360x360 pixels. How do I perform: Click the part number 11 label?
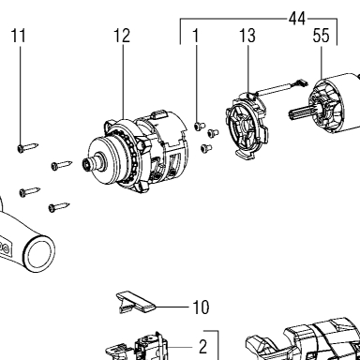[x=19, y=36]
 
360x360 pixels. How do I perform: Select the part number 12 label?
[x=122, y=36]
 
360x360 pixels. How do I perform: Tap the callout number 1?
[x=196, y=36]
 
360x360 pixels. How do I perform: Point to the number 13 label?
[x=247, y=36]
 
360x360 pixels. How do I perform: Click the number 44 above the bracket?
[x=297, y=19]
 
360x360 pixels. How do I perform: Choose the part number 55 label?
[x=322, y=36]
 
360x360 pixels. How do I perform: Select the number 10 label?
[x=201, y=307]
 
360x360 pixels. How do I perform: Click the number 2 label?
[x=203, y=347]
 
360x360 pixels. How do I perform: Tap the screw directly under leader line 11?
[x=28, y=147]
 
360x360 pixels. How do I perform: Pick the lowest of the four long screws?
[x=59, y=206]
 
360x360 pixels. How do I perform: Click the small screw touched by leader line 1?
[x=200, y=126]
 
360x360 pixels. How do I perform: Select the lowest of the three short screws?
[x=206, y=147]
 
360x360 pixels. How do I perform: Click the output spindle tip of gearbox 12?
[x=86, y=163]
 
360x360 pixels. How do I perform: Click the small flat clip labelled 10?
[x=136, y=301]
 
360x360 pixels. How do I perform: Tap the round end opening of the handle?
[x=39, y=252]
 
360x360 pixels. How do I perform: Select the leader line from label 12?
[x=123, y=81]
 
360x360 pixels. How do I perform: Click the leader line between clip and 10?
[x=172, y=307]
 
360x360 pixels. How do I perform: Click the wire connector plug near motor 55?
[x=301, y=82]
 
